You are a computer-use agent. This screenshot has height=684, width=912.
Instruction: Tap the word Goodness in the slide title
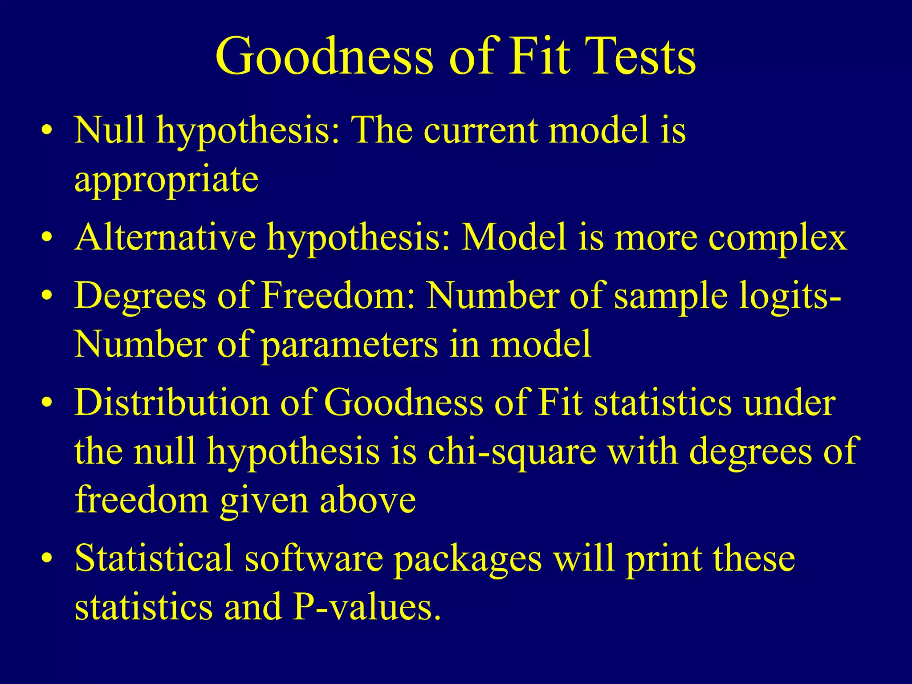324,57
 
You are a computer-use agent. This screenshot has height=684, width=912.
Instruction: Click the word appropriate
166,179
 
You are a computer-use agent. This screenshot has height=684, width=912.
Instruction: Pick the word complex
778,238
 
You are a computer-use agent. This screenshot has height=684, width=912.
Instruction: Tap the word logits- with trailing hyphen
790,296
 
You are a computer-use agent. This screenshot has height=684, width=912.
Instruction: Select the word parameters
350,344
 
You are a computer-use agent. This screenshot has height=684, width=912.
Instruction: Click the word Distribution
171,402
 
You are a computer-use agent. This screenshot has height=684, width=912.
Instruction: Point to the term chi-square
512,452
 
